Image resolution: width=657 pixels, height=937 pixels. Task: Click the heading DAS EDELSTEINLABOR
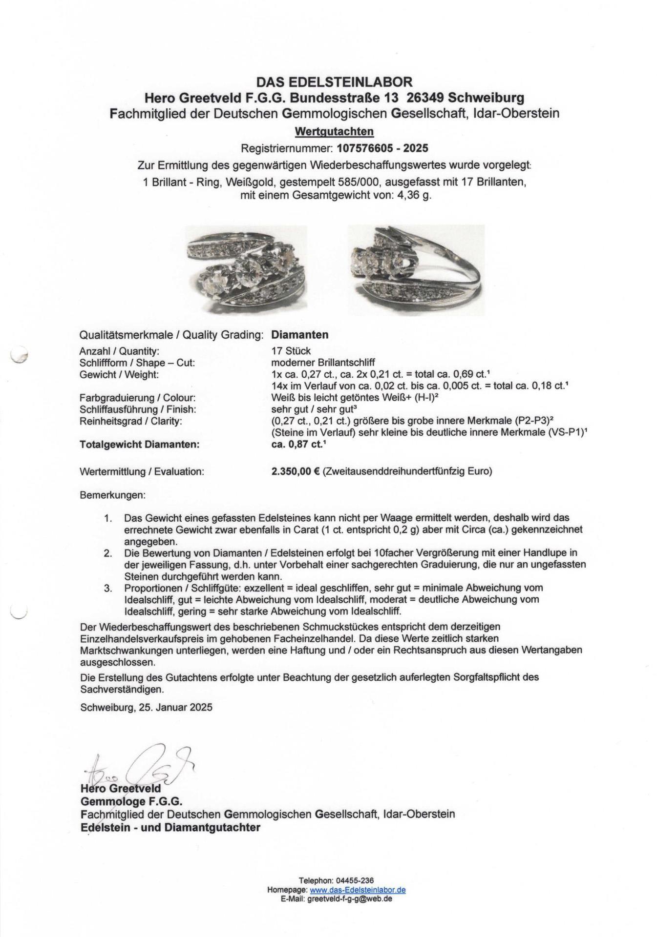tap(335, 81)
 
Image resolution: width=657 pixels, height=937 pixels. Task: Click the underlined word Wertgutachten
tap(335, 131)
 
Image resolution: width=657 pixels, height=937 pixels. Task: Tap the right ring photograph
tap(416, 269)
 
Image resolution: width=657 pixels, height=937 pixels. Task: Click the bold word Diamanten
tap(300, 335)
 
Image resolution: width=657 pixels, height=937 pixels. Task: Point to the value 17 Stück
tap(291, 351)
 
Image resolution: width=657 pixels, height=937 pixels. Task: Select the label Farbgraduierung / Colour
tap(137, 398)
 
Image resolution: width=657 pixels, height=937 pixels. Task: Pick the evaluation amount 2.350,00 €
tap(296, 471)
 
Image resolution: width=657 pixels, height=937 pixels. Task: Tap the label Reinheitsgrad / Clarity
tap(130, 421)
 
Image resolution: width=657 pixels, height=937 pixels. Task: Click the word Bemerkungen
tap(112, 495)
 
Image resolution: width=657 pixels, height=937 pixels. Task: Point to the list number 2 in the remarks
tap(109, 553)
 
